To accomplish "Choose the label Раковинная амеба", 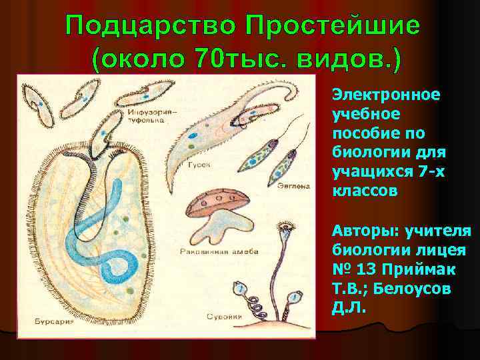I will pyautogui.click(x=214, y=252).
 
